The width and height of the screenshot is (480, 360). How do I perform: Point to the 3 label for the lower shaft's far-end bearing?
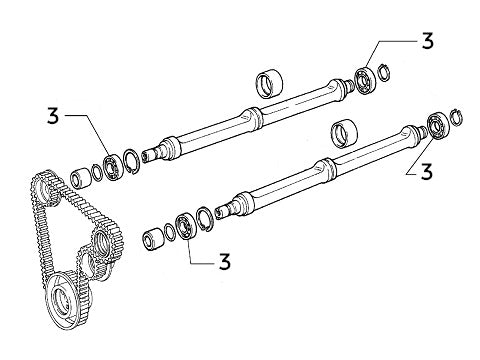click(426, 170)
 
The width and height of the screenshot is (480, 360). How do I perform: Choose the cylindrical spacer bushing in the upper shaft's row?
click(77, 181)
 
